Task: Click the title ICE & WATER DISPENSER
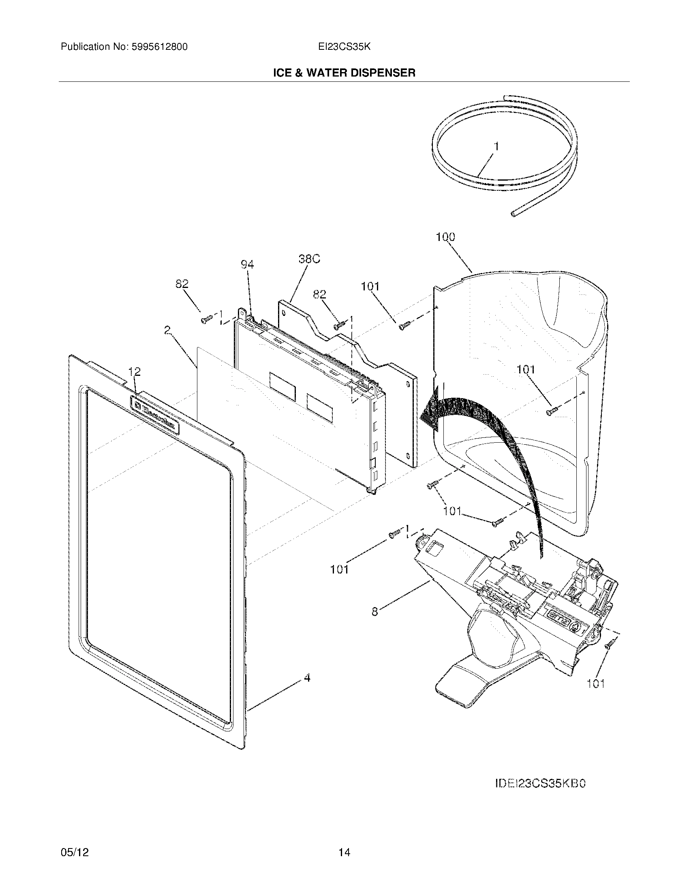(344, 73)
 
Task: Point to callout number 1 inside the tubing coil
(496, 146)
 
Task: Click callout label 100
(445, 237)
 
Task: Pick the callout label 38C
(309, 259)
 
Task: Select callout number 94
(247, 265)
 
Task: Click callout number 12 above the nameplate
(134, 372)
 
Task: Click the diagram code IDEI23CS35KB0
(540, 784)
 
